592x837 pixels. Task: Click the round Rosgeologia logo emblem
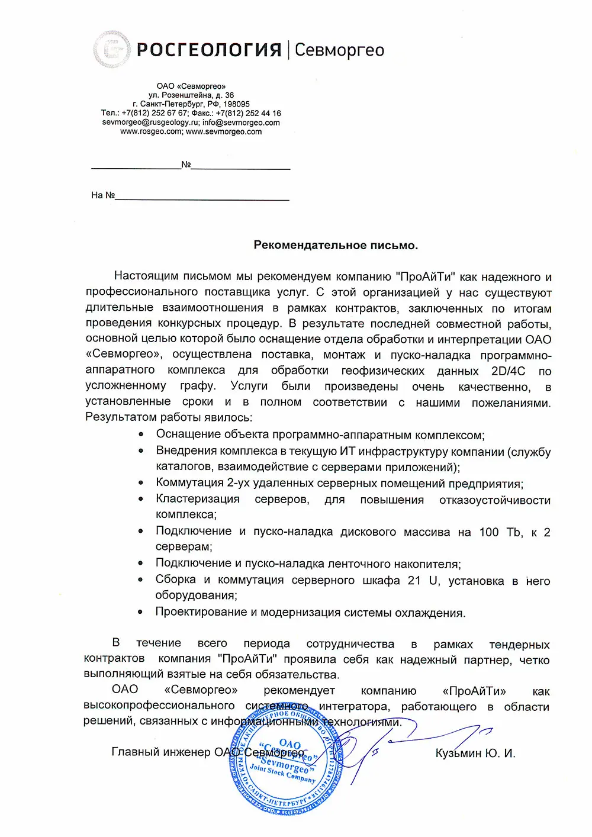[x=112, y=50]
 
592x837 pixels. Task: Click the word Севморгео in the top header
[x=339, y=50]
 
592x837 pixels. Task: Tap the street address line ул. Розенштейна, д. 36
[x=191, y=95]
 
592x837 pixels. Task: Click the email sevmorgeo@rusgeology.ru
[x=150, y=123]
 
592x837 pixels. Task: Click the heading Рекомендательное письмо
[x=336, y=245]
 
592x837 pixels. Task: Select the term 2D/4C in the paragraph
[x=508, y=371]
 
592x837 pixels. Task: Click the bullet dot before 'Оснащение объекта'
[x=141, y=434]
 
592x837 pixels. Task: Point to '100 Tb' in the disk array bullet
[x=500, y=532]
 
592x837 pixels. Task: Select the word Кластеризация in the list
[x=198, y=499]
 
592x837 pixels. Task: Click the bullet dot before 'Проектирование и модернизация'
[x=141, y=612]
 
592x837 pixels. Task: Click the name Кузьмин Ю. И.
[x=475, y=753]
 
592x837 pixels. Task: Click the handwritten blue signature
[x=403, y=740]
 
